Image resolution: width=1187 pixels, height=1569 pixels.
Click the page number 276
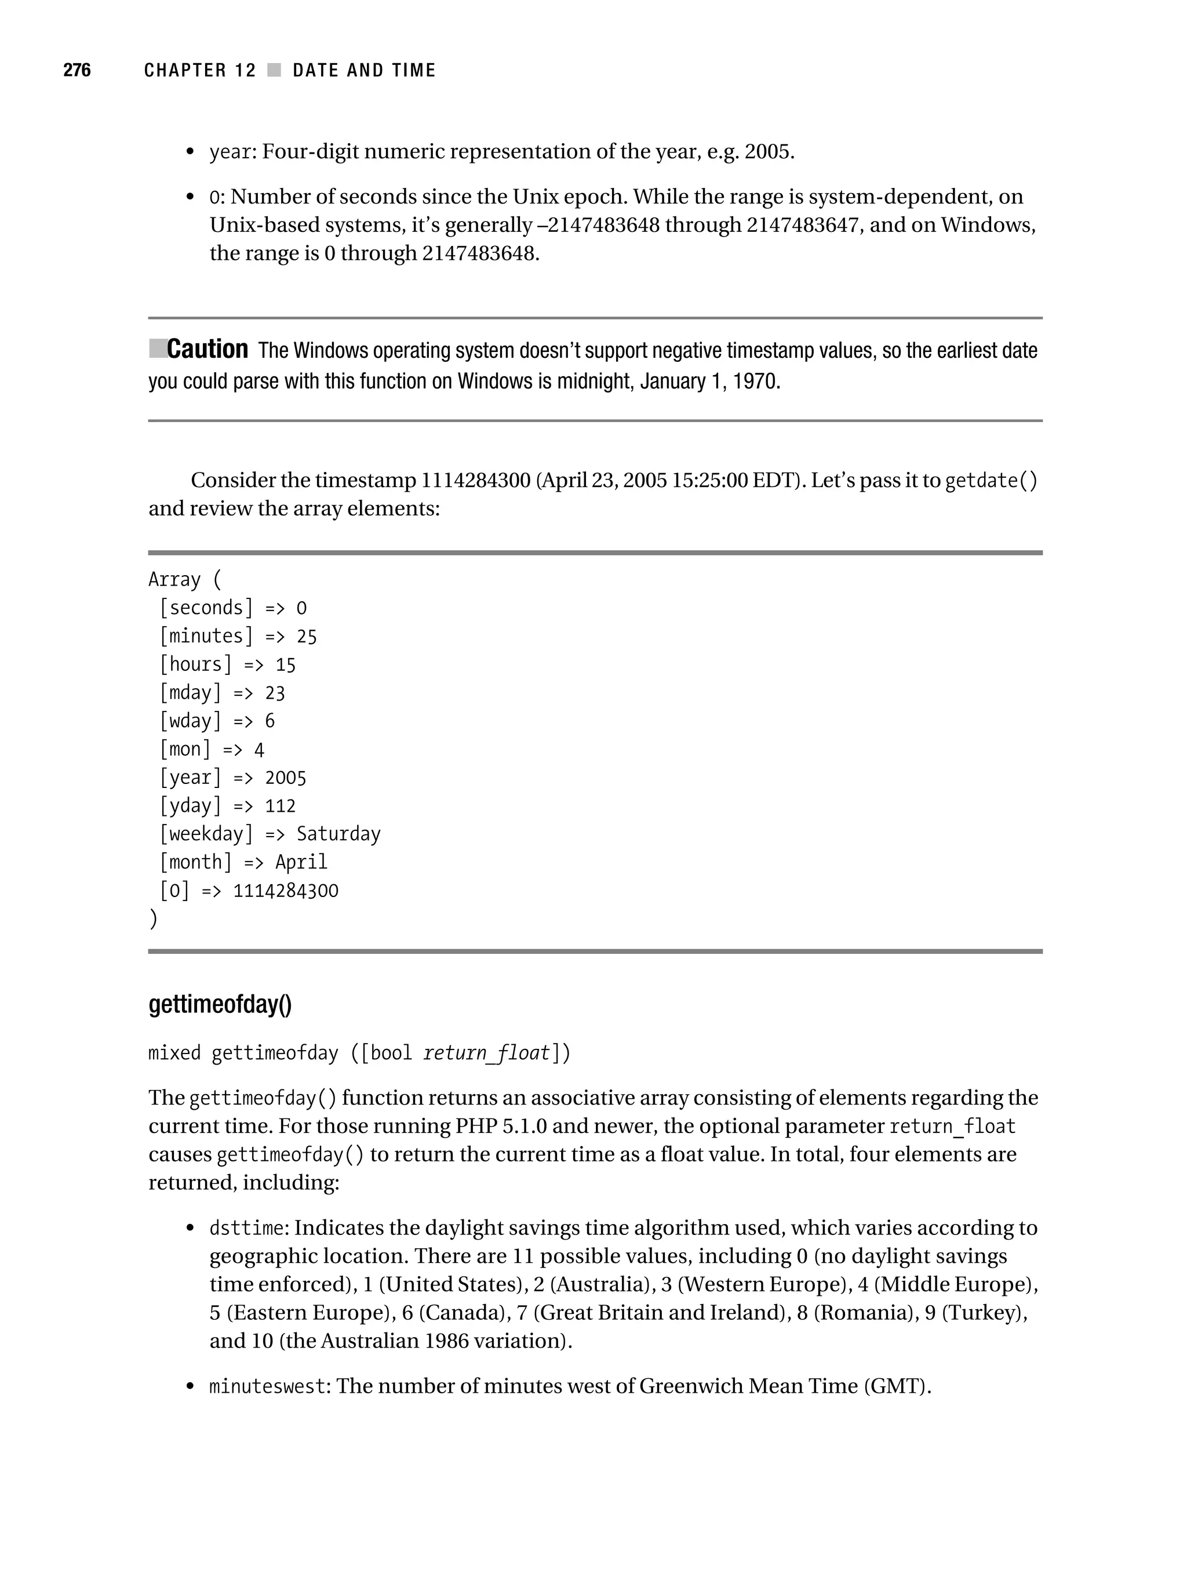click(77, 70)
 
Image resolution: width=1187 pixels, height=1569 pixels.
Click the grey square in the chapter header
click(274, 70)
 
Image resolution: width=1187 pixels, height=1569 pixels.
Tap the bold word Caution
click(207, 350)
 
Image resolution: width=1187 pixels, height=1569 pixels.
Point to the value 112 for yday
click(280, 806)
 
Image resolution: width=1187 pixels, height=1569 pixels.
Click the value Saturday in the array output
click(338, 834)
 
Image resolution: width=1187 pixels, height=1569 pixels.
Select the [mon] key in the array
click(185, 750)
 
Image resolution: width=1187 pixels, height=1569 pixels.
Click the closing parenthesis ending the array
click(153, 919)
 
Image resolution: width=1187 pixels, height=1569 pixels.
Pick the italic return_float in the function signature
click(486, 1052)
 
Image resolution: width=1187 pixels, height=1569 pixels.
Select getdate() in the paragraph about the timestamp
click(991, 481)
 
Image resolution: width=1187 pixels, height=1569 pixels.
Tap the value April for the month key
click(301, 863)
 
